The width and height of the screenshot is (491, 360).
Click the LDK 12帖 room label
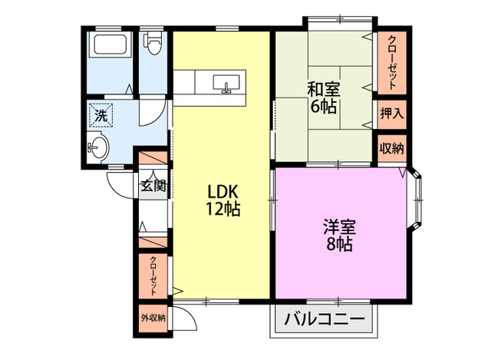tap(223, 200)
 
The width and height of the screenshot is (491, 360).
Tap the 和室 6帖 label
tap(324, 97)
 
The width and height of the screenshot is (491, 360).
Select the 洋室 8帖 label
tap(339, 236)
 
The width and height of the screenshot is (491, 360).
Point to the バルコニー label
tap(325, 319)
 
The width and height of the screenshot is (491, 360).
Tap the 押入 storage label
tap(392, 113)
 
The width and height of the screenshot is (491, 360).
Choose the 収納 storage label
tap(392, 148)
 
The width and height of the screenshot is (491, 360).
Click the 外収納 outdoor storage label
tap(153, 318)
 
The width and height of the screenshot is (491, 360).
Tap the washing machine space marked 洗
tap(101, 115)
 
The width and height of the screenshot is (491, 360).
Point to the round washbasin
tap(97, 147)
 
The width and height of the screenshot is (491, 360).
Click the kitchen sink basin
tap(226, 82)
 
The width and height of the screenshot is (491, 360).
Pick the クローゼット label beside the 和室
tap(392, 63)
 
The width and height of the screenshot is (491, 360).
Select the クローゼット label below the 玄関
tap(153, 276)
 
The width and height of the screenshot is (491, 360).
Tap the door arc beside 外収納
tap(187, 315)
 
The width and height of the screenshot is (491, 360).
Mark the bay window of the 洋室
tap(416, 200)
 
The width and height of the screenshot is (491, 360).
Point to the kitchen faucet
tap(226, 88)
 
